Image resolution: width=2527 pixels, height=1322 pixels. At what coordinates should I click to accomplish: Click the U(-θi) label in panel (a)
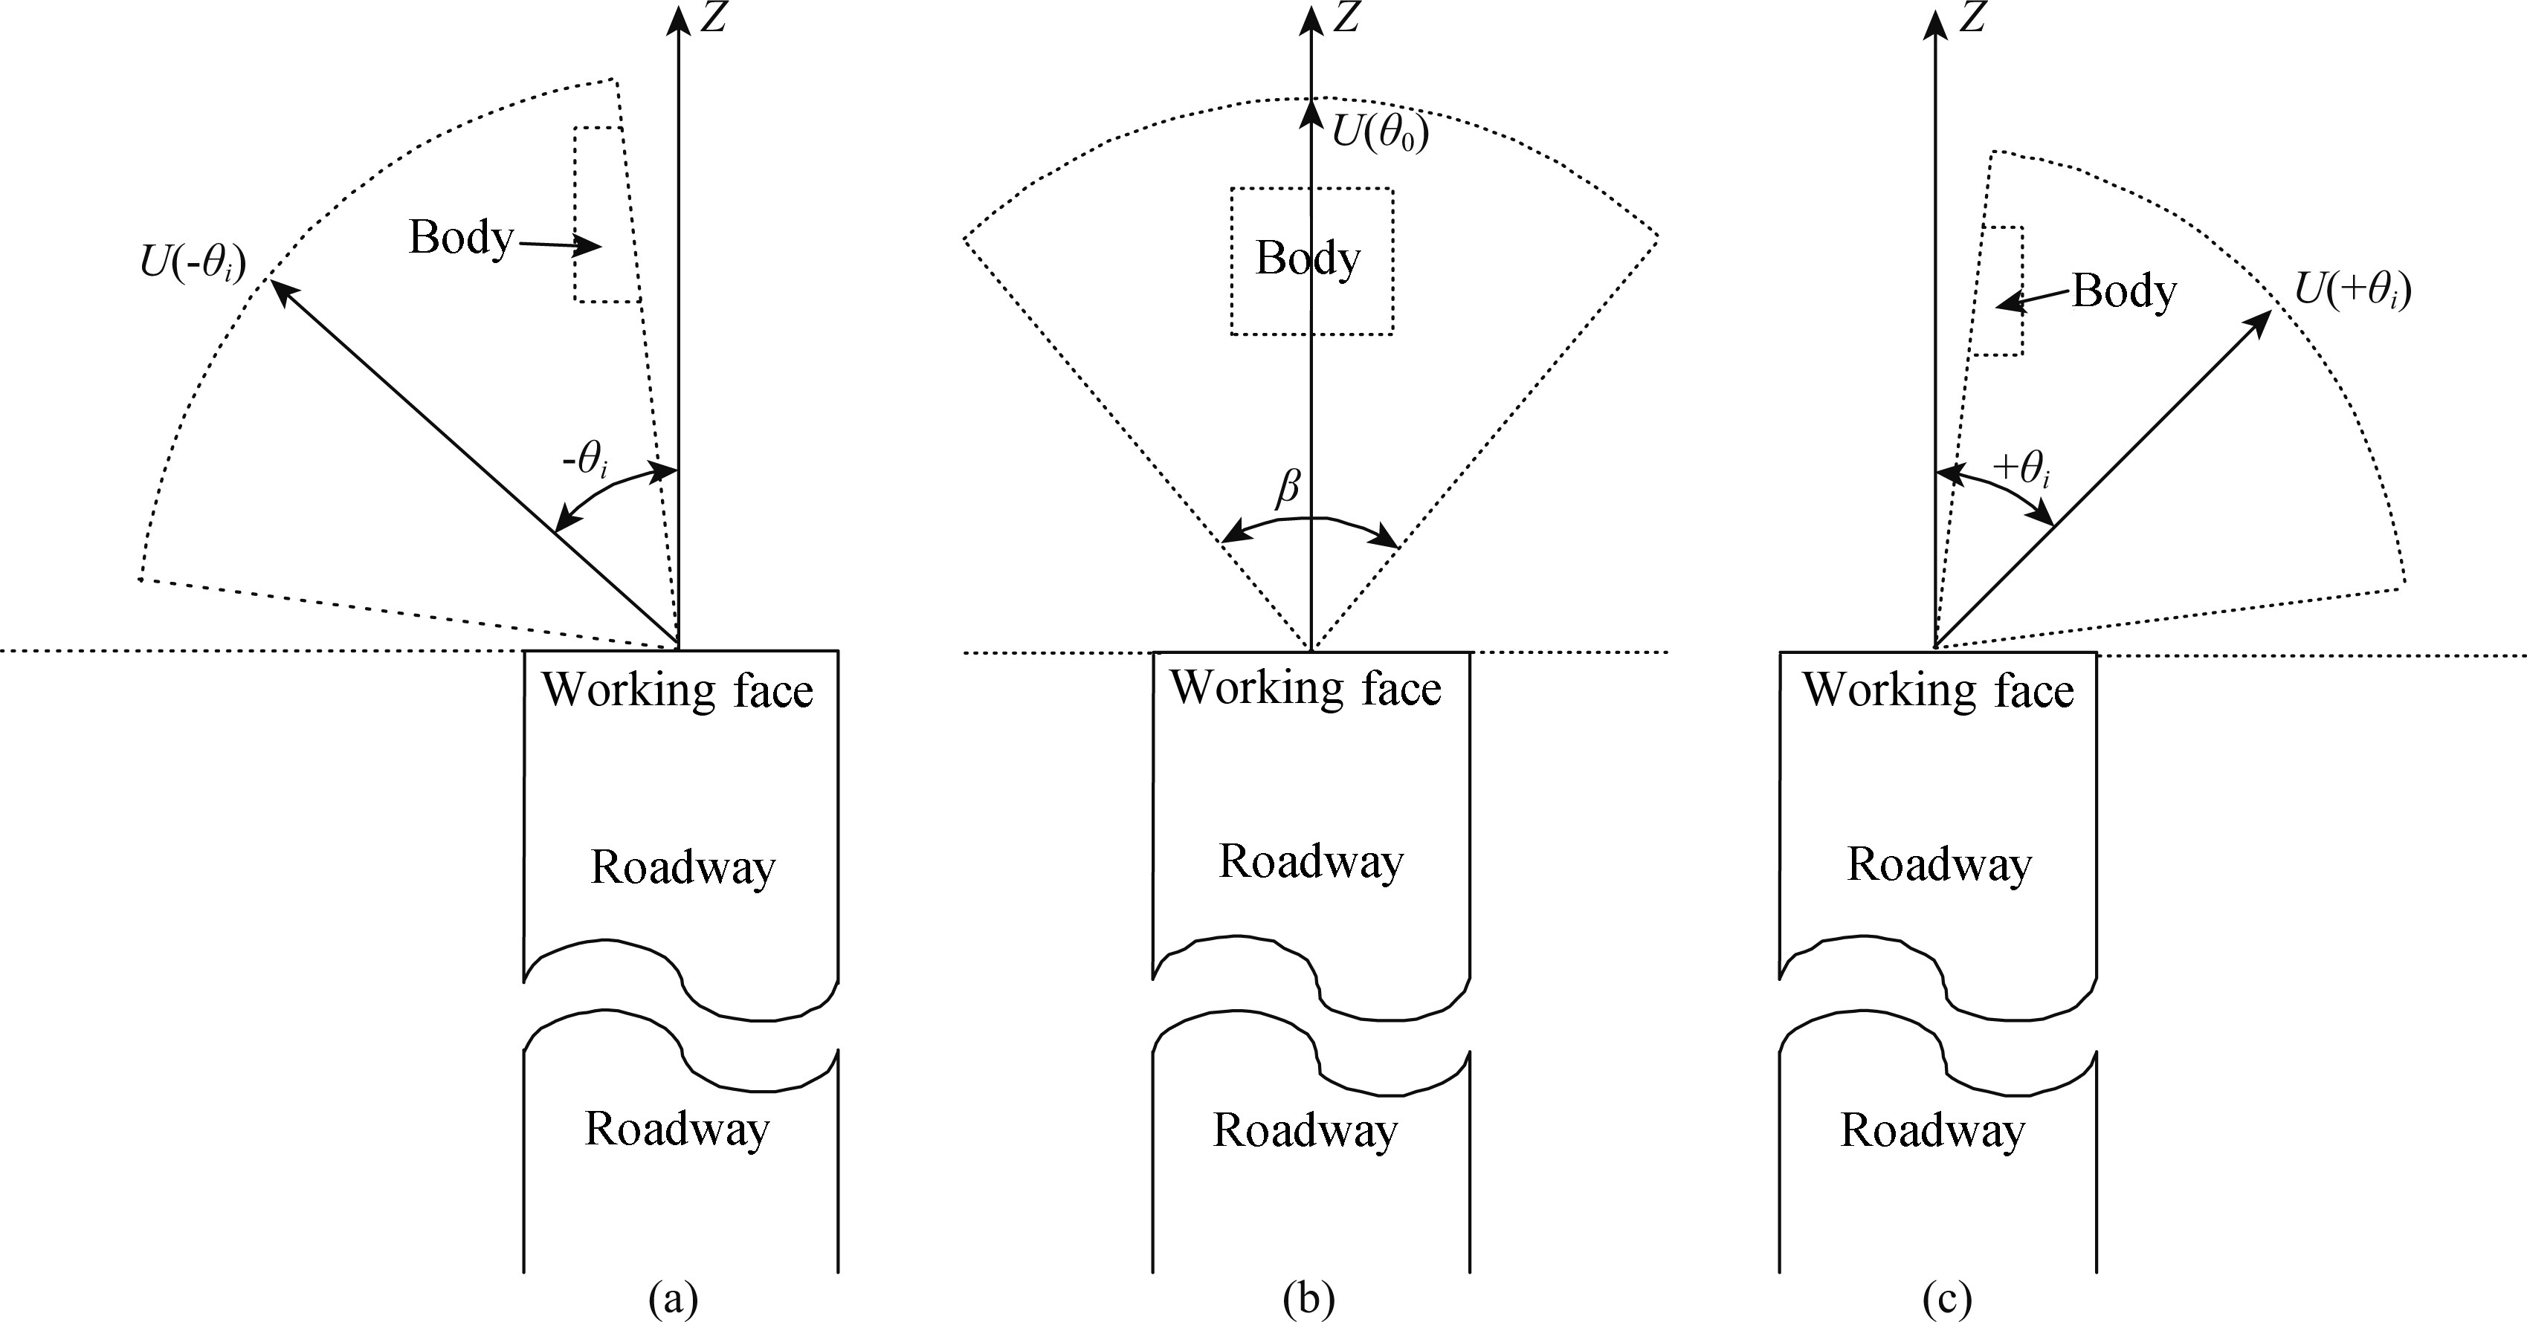[x=193, y=264]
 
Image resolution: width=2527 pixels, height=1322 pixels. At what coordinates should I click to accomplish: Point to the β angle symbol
[x=1288, y=487]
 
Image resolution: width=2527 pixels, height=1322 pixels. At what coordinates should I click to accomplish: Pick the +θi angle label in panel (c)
[x=2021, y=469]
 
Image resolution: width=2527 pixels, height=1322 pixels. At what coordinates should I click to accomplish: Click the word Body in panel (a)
[x=461, y=237]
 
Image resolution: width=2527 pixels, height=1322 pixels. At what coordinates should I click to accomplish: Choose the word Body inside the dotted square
[x=1308, y=259]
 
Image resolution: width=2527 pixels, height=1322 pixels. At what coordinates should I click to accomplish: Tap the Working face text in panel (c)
[x=1937, y=690]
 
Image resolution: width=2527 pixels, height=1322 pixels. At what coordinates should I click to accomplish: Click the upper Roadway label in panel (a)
[x=682, y=867]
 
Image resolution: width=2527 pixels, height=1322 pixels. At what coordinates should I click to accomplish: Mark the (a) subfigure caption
[x=673, y=1300]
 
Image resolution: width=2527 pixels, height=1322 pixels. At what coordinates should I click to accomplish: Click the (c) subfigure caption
[x=1947, y=1300]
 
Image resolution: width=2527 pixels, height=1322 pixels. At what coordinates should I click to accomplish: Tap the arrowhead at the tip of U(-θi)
[x=277, y=288]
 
